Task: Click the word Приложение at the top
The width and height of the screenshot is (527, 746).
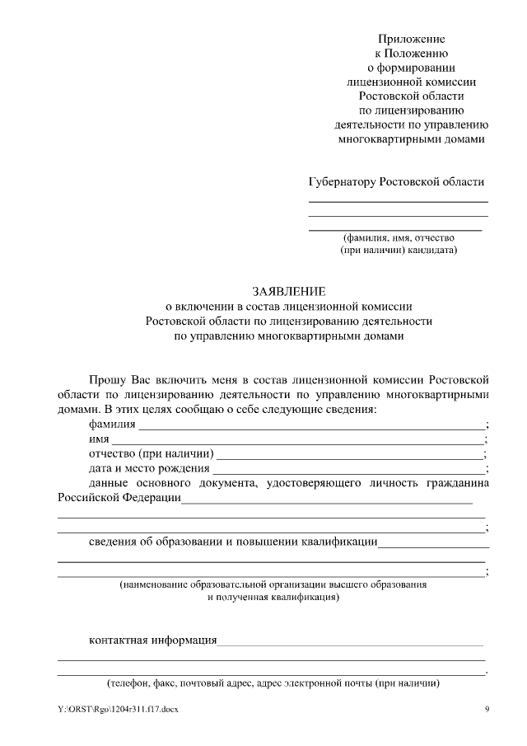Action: [x=412, y=39]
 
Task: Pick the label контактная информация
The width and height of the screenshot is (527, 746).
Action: [x=152, y=640]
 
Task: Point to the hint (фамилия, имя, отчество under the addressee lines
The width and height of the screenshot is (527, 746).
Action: [x=398, y=237]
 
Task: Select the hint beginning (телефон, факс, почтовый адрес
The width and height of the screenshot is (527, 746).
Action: [x=273, y=684]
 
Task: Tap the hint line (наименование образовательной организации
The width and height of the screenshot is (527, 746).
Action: [x=273, y=584]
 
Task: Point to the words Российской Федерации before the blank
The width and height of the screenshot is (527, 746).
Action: [x=119, y=499]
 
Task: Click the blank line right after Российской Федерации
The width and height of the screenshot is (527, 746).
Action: [x=326, y=501]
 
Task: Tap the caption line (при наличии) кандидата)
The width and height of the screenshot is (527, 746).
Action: [x=398, y=249]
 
